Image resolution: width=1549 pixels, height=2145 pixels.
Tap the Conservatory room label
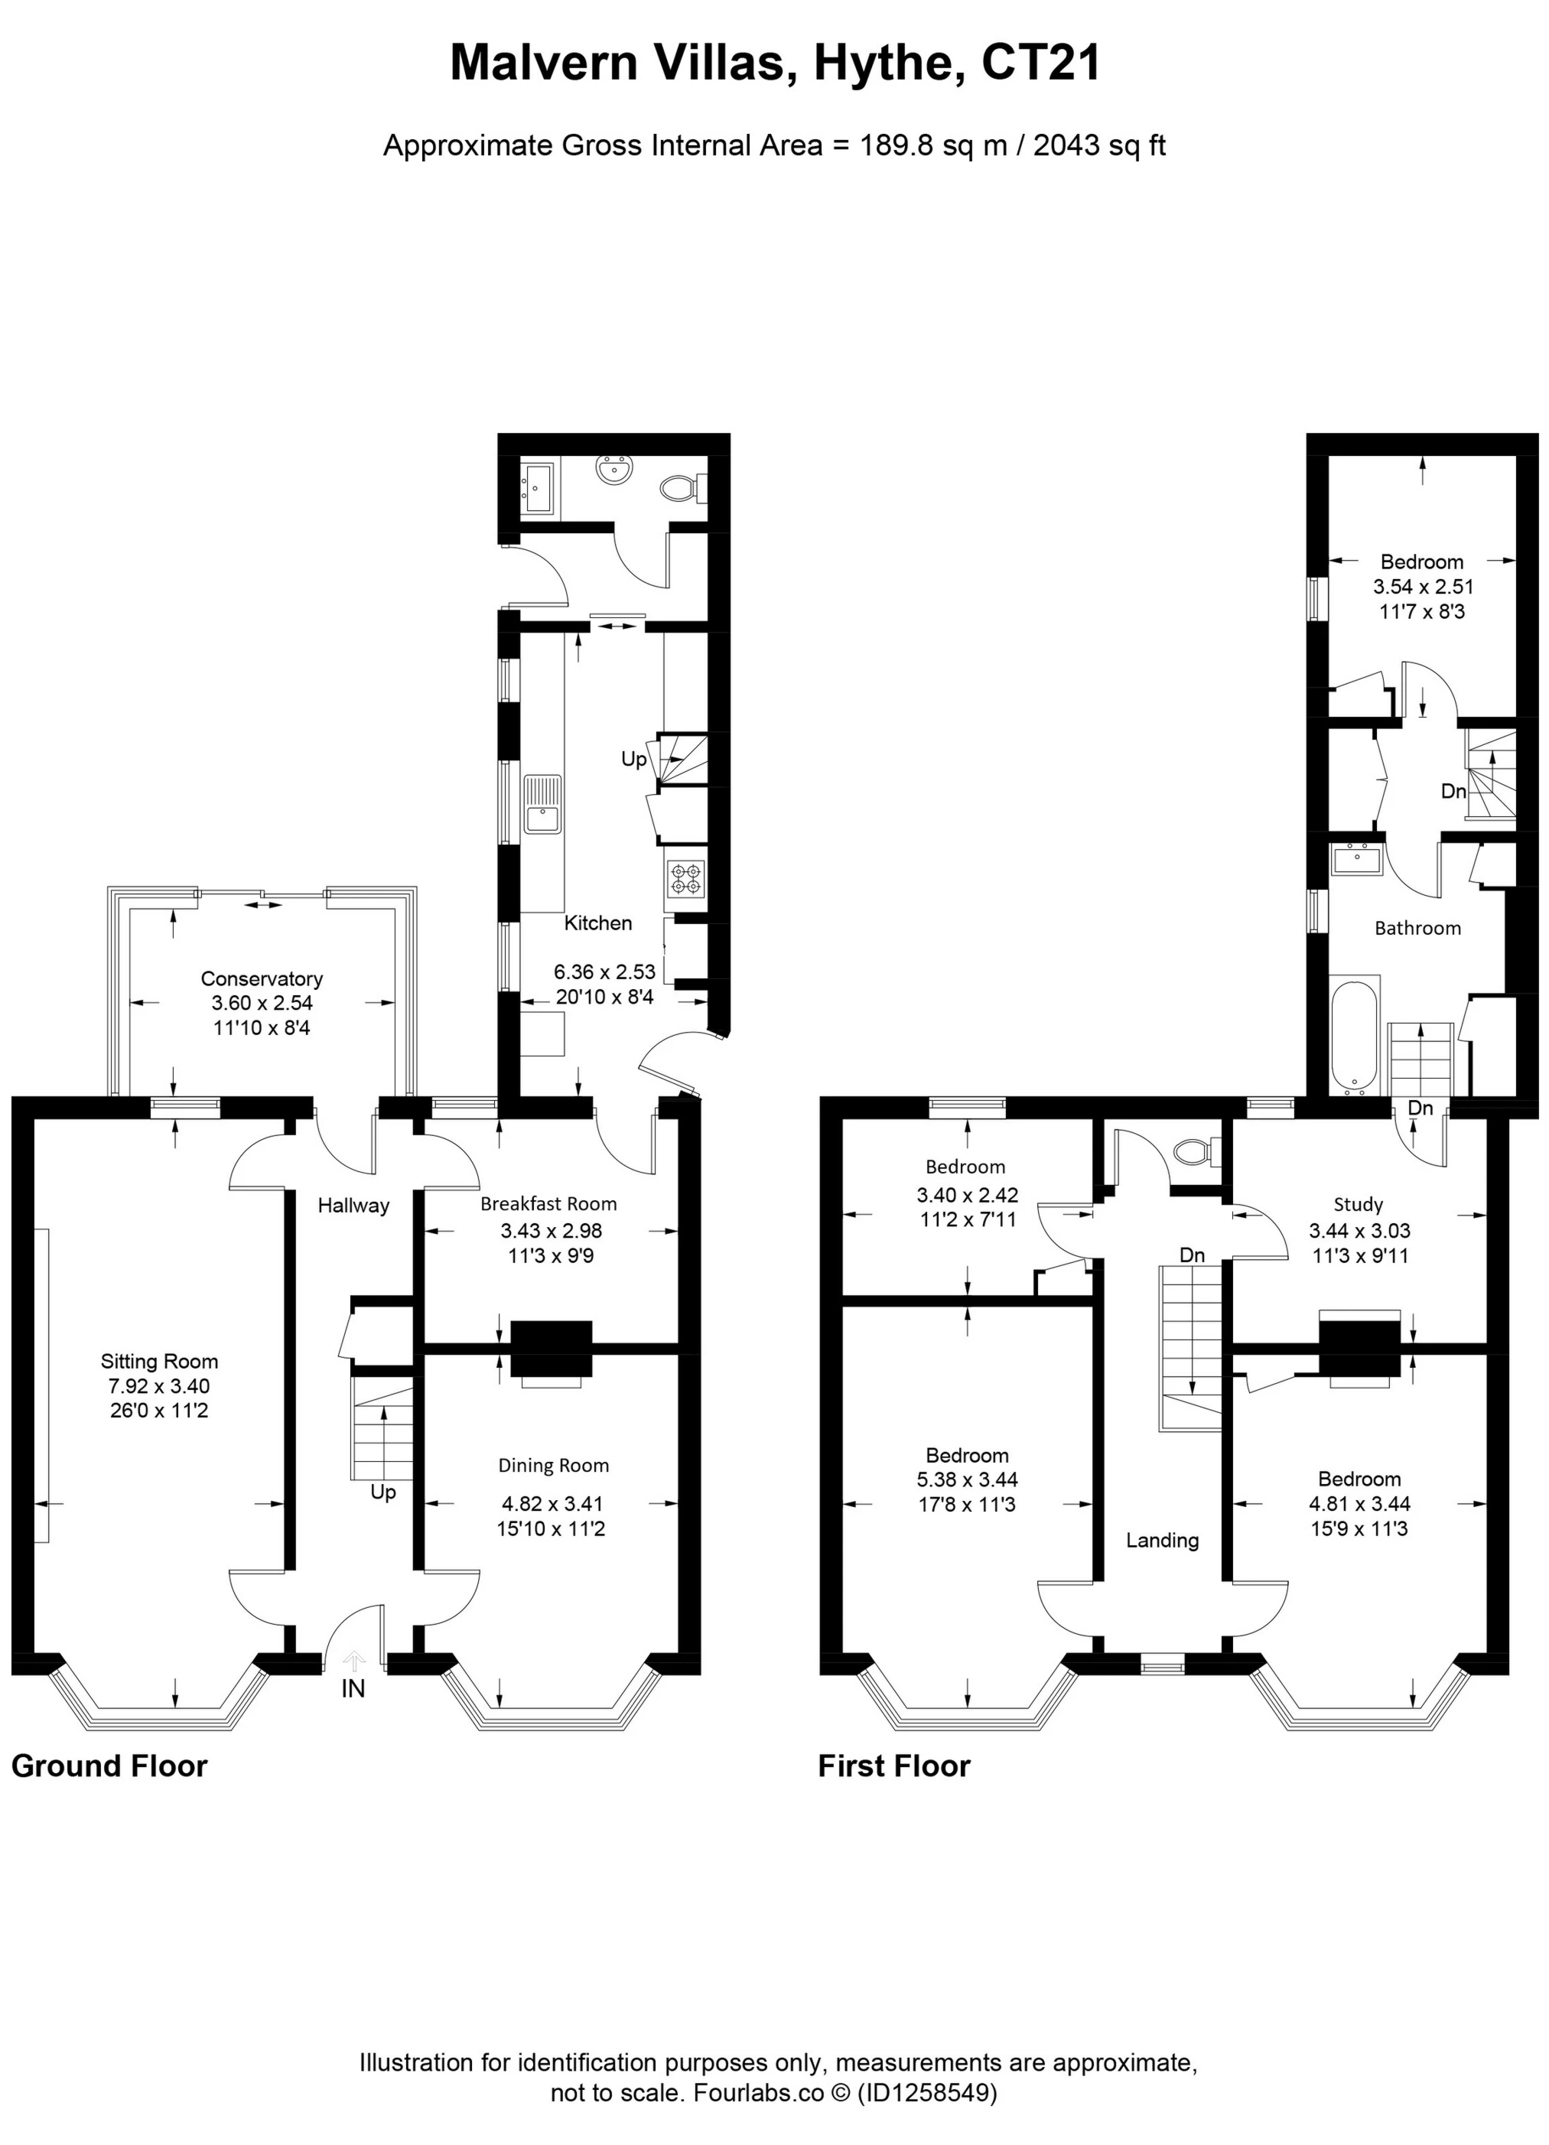pos(261,979)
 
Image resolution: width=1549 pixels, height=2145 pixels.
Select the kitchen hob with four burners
pos(685,877)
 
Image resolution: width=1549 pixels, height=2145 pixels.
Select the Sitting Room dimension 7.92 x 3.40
pos(159,1386)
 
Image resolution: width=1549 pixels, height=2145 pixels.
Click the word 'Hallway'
pos(353,1205)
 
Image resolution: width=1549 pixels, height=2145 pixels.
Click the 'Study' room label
pos(1358,1204)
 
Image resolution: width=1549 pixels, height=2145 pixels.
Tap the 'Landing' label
pos(1162,1540)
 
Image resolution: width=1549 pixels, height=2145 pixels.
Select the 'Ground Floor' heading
pos(109,1766)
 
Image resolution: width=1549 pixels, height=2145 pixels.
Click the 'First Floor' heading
pos(893,1766)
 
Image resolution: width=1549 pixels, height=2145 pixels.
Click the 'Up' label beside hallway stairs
pos(383,1492)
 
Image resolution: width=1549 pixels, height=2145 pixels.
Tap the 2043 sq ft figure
pos(1099,145)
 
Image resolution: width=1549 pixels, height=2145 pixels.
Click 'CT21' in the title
pos(1041,64)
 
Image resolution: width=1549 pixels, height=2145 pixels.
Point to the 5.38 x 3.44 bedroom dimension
pos(966,1480)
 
